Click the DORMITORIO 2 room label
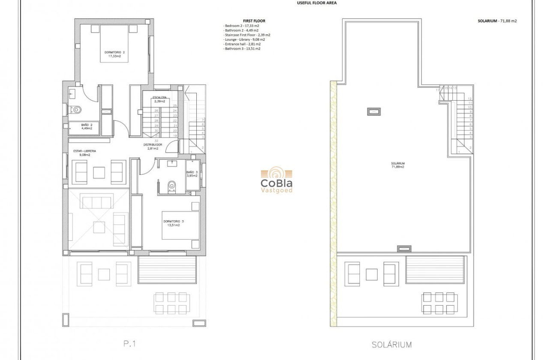point(114,54)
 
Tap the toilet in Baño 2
point(76,110)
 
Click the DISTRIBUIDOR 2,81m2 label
point(153,147)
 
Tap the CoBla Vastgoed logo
point(276,180)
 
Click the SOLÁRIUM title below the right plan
point(391,345)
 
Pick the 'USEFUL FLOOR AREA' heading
point(317,3)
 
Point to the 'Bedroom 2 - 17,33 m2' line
point(241,26)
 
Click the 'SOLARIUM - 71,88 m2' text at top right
point(497,21)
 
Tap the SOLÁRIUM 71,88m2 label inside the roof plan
point(398,165)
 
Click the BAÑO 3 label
point(192,174)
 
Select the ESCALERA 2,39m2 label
point(159,99)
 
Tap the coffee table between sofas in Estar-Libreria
point(99,172)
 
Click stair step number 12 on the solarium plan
point(470,99)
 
